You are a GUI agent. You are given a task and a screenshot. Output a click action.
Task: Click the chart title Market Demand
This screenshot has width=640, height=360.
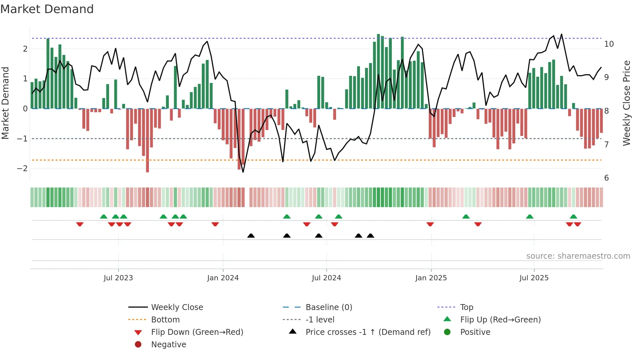tap(47, 9)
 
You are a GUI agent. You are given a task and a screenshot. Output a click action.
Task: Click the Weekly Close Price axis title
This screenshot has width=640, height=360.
tap(626, 103)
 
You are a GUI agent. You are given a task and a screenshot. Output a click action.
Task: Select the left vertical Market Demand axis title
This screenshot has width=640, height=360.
tap(5, 103)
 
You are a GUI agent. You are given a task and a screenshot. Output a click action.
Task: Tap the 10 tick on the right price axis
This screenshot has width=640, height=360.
tap(609, 44)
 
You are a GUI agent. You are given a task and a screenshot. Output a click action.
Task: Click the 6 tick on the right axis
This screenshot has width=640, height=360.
tap(606, 178)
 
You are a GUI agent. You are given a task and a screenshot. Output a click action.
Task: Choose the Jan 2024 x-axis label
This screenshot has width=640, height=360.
tap(223, 278)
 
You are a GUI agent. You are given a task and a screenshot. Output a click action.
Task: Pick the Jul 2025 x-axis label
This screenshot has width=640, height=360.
tap(534, 278)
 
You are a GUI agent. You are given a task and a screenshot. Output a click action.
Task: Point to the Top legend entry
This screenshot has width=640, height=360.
tap(466, 307)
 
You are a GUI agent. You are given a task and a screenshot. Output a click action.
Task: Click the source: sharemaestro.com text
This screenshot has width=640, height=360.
tap(578, 256)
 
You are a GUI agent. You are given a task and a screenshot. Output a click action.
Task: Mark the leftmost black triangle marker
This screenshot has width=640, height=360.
tap(251, 236)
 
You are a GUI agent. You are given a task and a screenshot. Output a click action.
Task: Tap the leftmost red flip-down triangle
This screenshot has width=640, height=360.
tap(80, 224)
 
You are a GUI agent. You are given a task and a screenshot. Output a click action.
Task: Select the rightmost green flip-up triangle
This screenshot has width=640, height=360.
tap(573, 217)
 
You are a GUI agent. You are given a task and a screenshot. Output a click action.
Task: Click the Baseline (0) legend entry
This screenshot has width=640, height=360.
tap(328, 307)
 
